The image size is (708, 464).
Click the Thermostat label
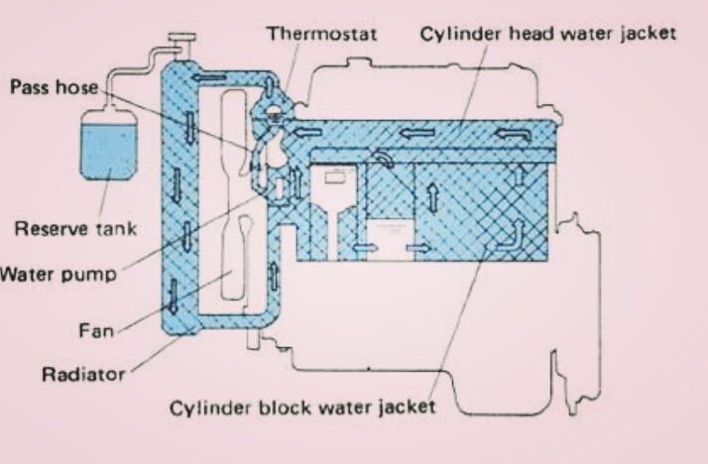pos(321,34)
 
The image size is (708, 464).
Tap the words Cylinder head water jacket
pos(547,34)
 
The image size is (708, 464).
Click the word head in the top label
pos(512,34)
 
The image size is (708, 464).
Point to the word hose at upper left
pos(75,86)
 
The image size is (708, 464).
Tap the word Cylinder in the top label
pos(453,34)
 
